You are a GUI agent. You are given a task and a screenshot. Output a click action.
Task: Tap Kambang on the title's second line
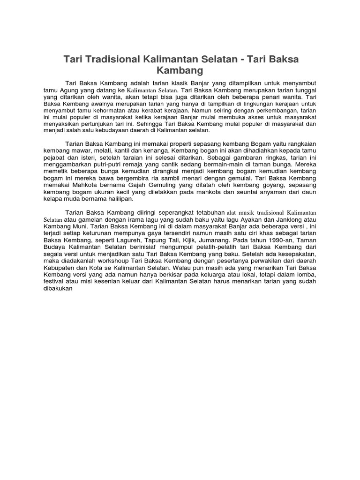[x=180, y=71]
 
